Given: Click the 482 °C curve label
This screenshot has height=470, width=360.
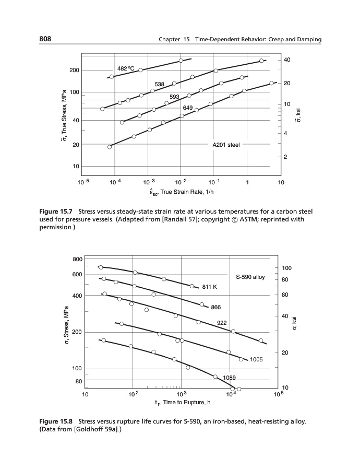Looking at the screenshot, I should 126,68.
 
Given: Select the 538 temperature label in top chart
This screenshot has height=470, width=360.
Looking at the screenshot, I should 160,84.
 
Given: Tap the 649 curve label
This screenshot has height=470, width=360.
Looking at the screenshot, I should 188,108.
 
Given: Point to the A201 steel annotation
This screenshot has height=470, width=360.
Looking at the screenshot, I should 226,145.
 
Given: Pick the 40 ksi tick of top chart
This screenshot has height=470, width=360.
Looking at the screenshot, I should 287,61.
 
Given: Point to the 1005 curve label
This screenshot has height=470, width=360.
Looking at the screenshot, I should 256,359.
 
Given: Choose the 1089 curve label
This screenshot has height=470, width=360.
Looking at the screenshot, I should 230,377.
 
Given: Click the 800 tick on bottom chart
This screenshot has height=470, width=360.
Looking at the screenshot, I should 77,259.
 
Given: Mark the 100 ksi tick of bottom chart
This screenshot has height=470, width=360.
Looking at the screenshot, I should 286,268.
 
